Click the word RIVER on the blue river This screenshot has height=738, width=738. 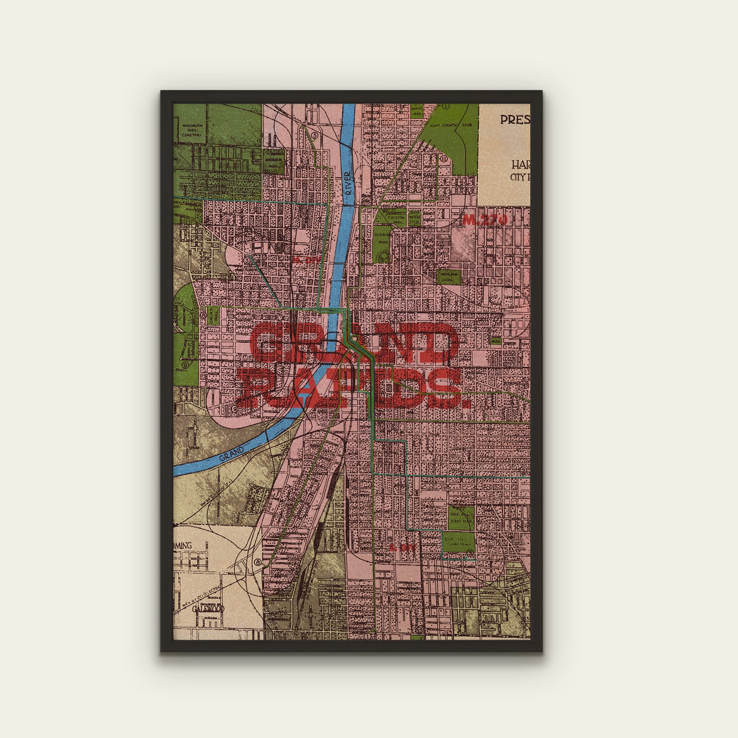[x=348, y=182]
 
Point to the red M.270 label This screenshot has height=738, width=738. [x=485, y=220]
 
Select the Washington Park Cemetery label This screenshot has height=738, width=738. [x=192, y=130]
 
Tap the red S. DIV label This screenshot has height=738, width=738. [x=399, y=548]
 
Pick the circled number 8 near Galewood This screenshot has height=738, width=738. [x=258, y=563]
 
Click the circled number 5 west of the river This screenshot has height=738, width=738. [x=315, y=136]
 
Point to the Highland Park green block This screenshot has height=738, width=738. [x=449, y=277]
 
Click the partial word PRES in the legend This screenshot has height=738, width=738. [x=515, y=120]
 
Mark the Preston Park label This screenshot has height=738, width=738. [x=397, y=218]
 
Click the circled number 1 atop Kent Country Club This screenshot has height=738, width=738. [x=446, y=107]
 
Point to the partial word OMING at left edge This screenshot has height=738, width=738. [x=182, y=545]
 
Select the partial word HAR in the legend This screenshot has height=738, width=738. [x=520, y=165]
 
